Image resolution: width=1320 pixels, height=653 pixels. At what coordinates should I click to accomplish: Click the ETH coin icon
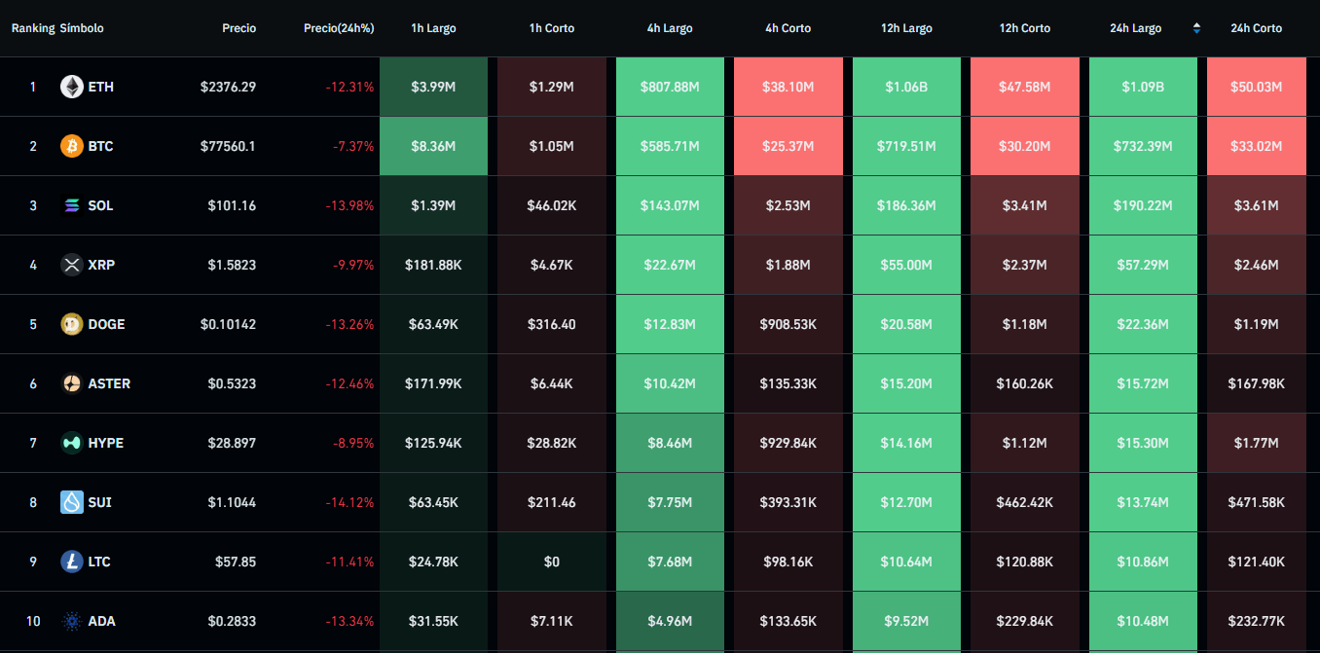[x=72, y=87]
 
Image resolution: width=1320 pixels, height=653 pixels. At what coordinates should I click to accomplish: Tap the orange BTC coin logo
[x=72, y=146]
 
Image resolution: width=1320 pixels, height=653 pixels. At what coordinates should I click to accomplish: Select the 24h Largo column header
[x=1135, y=28]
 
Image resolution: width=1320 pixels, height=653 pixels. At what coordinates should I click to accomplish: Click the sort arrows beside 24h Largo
[x=1196, y=28]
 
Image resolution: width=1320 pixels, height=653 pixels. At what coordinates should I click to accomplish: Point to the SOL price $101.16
[x=232, y=205]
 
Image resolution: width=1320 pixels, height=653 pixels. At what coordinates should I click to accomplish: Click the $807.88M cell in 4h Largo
[x=670, y=87]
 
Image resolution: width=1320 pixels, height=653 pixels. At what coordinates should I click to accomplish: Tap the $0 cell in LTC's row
[x=551, y=562]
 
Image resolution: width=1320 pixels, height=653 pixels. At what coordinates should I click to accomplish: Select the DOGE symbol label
[x=106, y=324]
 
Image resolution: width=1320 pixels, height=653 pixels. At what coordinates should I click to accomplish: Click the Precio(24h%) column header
[x=339, y=28]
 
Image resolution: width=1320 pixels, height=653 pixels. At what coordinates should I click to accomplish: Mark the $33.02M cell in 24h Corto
[x=1256, y=146]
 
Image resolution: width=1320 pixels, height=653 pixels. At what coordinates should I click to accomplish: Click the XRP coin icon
[x=72, y=265]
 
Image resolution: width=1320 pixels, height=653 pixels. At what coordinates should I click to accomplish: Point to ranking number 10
[x=33, y=621]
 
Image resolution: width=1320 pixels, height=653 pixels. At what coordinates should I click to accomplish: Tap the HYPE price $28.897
[x=232, y=443]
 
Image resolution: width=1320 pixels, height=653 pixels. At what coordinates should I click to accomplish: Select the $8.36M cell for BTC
[x=433, y=146]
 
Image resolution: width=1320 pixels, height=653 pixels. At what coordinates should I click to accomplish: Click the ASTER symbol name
[x=109, y=383]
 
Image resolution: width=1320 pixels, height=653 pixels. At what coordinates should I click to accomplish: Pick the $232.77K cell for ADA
[x=1256, y=621]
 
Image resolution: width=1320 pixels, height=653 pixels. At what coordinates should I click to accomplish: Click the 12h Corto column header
[x=1024, y=28]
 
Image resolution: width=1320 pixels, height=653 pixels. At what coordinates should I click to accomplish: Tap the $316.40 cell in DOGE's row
[x=551, y=324]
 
